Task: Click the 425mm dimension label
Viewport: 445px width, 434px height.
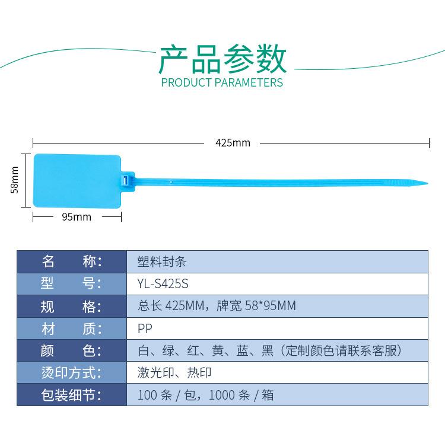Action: coord(233,143)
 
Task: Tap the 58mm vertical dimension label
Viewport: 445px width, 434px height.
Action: coord(14,180)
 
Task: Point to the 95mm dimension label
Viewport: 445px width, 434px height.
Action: coord(77,217)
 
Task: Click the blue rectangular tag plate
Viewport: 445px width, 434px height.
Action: coord(77,181)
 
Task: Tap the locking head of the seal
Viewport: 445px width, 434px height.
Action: coord(128,179)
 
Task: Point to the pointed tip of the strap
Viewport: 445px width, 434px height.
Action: coord(427,183)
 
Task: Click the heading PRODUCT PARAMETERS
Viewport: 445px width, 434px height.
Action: coord(222,82)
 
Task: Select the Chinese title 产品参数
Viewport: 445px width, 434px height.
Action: coord(223,59)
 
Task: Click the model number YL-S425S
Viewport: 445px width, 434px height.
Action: coord(163,283)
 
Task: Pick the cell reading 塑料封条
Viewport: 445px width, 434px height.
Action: coord(162,261)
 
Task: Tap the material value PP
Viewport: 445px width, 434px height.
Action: coord(145,328)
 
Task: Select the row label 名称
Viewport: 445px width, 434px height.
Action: coord(72,261)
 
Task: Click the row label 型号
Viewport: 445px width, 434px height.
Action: coord(71,283)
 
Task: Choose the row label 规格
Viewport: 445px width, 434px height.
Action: coord(71,307)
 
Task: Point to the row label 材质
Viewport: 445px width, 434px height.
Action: coord(72,329)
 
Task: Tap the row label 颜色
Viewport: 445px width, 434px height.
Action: coord(71,350)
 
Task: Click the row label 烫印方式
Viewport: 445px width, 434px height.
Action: coord(71,372)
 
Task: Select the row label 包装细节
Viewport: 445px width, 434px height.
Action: coord(71,395)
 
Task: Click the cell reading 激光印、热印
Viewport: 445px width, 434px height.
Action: coord(174,372)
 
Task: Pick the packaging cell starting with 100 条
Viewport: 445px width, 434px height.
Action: coord(206,395)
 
